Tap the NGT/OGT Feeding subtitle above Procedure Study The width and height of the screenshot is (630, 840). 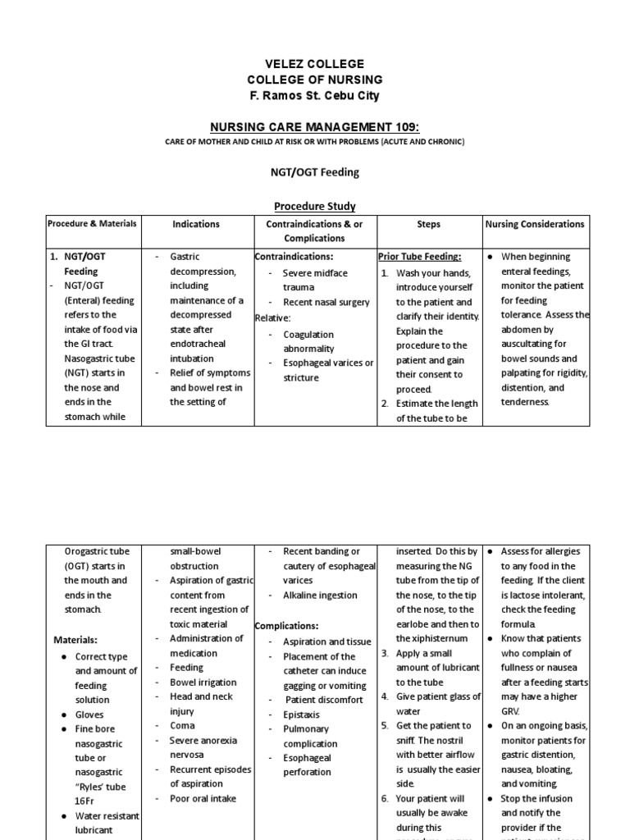point(316,172)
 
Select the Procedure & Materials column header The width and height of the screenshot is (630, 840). point(92,224)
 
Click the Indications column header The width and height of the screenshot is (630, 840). point(196,224)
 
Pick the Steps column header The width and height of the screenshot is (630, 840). point(428,224)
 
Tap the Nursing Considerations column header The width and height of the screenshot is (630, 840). point(535,224)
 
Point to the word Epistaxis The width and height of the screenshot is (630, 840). point(302,714)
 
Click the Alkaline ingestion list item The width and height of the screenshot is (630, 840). point(320,596)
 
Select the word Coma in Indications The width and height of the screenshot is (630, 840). point(182,725)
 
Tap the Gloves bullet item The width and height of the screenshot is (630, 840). point(89,714)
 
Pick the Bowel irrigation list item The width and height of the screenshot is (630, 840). point(203,682)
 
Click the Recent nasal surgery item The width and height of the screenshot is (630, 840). point(326,301)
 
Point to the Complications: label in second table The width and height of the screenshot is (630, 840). point(288,625)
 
